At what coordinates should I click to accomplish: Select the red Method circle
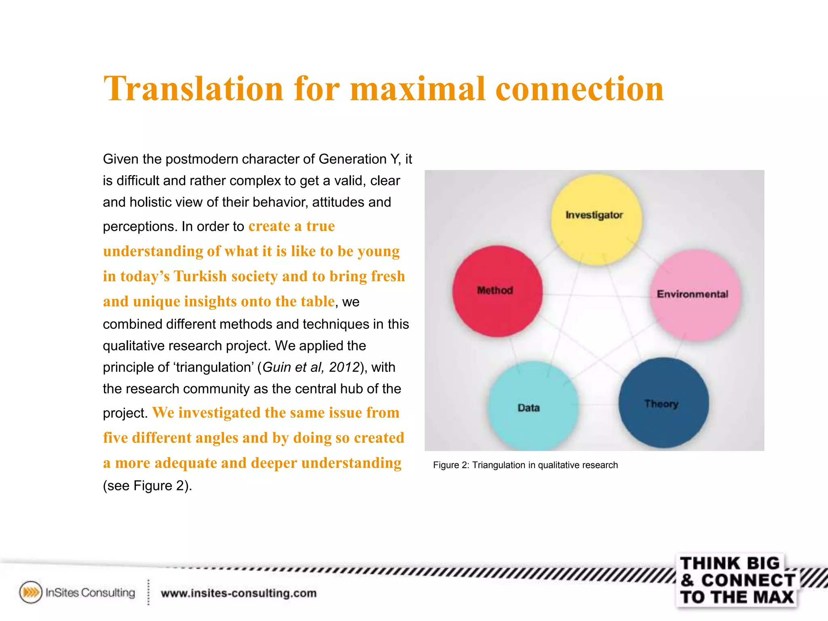[x=497, y=291]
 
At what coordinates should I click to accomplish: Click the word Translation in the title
[x=193, y=89]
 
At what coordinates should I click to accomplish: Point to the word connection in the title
[x=579, y=89]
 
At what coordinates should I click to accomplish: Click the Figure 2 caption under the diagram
[x=525, y=465]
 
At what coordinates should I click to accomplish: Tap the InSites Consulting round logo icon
[x=31, y=592]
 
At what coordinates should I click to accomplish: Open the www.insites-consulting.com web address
[x=239, y=593]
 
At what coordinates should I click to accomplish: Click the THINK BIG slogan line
[x=730, y=563]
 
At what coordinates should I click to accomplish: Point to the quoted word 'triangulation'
[x=213, y=367]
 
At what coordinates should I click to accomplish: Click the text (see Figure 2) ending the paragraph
[x=147, y=486]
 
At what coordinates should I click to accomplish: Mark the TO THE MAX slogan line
[x=737, y=597]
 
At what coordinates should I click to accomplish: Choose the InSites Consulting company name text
[x=90, y=593]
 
